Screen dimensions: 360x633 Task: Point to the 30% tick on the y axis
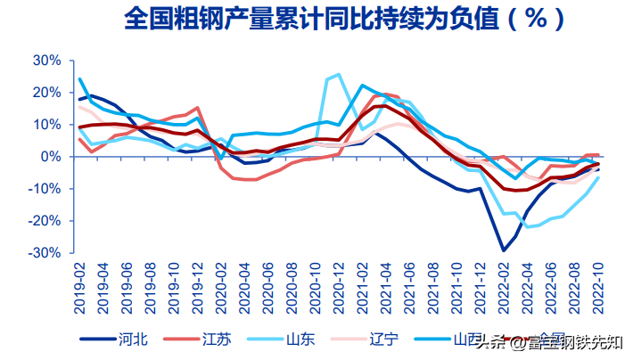click(46, 61)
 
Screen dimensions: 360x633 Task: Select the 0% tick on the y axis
click(51, 157)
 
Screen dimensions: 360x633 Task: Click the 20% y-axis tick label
click(46, 93)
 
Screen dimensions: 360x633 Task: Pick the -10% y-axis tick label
click(45, 189)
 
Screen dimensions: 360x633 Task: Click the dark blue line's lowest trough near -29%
click(504, 250)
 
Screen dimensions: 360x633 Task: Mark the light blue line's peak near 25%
click(338, 75)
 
